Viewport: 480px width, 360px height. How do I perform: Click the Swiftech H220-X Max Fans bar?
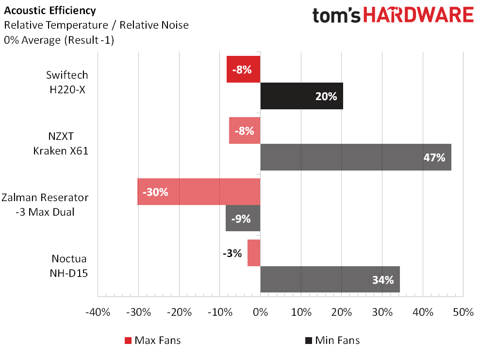pos(243,69)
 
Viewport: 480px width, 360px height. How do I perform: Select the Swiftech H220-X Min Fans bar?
pos(301,96)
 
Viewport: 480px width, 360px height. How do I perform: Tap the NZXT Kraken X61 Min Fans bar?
pos(356,157)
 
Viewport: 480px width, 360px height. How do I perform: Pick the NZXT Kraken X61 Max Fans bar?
pos(245,131)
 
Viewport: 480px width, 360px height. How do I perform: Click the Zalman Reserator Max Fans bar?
pos(199,191)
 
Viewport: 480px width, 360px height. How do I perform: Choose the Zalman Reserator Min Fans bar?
pos(243,218)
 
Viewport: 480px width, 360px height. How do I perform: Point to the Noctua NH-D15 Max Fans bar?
pos(254,253)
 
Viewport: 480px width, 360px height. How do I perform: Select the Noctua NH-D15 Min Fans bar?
pos(330,279)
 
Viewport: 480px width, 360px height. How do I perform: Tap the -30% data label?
pos(155,192)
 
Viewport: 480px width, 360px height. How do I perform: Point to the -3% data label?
pos(232,253)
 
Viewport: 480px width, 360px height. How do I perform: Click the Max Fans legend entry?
pos(152,340)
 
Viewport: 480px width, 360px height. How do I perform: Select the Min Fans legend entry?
pos(332,340)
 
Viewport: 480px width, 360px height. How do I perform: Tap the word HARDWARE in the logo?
pos(418,16)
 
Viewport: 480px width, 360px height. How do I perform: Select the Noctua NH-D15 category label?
pos(68,266)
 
